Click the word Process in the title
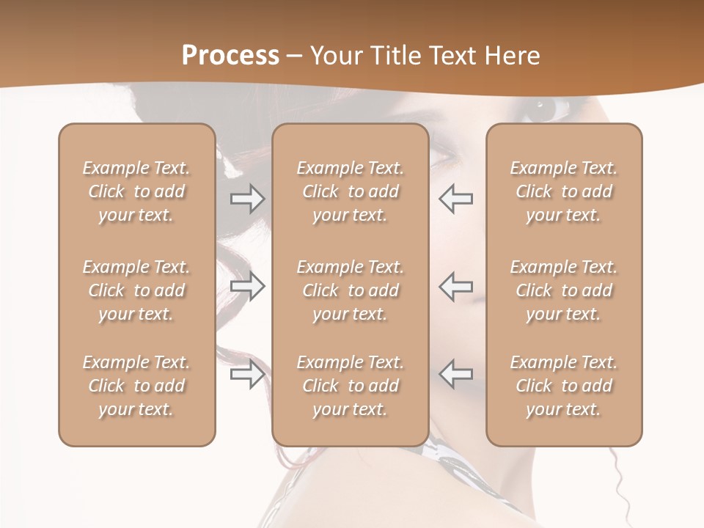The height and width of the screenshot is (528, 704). click(230, 55)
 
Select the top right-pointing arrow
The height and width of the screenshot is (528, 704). click(247, 199)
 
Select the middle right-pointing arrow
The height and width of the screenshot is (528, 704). click(247, 286)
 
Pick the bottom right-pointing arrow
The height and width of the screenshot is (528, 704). click(247, 374)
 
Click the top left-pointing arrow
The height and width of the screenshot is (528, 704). click(456, 199)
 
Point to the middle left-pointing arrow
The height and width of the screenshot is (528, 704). click(456, 286)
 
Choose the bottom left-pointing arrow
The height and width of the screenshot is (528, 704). click(456, 374)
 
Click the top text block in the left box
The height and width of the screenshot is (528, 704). click(136, 191)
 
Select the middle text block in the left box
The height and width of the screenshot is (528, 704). click(136, 290)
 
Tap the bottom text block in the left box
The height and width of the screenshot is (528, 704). click(136, 386)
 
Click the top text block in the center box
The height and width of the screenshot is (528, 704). click(351, 191)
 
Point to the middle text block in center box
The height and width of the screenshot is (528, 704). click(351, 290)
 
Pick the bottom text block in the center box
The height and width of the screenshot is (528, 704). click(351, 386)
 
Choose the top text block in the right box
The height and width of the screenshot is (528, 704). click(564, 191)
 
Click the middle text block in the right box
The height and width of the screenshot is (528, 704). click(564, 290)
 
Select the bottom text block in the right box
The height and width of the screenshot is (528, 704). click(564, 386)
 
